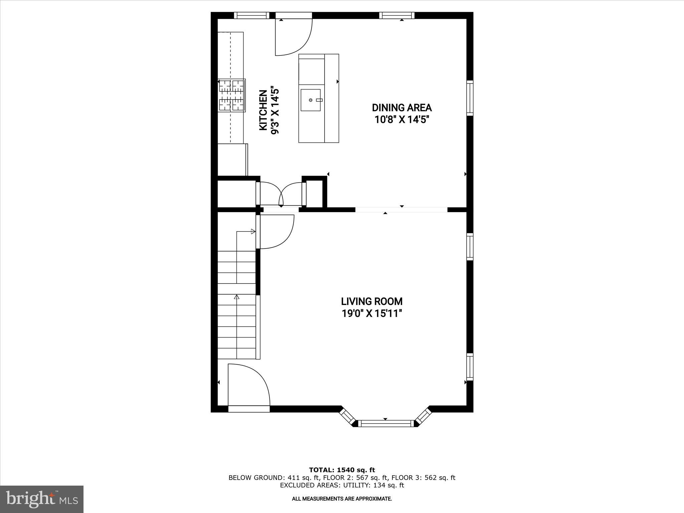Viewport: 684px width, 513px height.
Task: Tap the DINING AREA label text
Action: (x=402, y=108)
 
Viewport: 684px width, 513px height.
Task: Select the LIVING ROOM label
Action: (x=371, y=302)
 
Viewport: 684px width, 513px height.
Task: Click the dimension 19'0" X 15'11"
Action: (x=371, y=314)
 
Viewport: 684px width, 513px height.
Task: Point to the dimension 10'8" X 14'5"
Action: (x=402, y=120)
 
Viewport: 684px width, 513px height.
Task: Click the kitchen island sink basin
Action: (x=311, y=100)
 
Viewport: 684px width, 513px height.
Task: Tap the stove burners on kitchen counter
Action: (x=232, y=95)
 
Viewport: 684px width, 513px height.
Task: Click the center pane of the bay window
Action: (x=385, y=423)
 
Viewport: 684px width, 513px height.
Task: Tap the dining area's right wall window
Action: (x=470, y=98)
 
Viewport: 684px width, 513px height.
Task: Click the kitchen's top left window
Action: (x=251, y=15)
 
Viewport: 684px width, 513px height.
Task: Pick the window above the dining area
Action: (x=397, y=15)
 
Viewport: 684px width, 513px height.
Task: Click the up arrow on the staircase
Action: (x=237, y=297)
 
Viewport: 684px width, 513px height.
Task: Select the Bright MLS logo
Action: (x=42, y=499)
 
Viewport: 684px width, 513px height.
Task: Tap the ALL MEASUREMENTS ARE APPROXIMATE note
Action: (x=342, y=499)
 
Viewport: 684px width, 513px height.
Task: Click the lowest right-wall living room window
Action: (x=470, y=367)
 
